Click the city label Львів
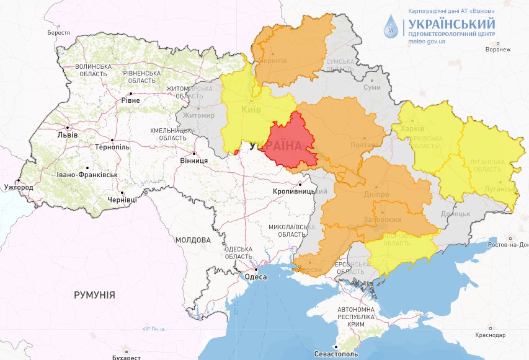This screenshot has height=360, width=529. pos(67,134)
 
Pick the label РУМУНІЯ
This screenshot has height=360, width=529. pos(94,295)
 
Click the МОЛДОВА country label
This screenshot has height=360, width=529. pos(193,240)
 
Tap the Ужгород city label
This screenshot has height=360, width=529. pos(18,187)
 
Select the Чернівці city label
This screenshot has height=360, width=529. pos(122,200)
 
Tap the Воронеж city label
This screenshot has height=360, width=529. pos(498,50)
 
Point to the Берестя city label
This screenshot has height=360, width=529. pos(58,32)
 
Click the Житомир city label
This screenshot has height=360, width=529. pos(198,115)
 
